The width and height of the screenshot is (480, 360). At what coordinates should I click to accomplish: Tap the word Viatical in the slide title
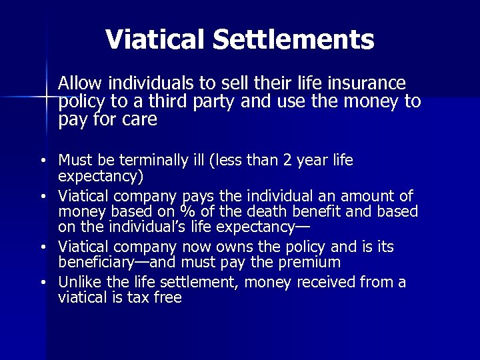click(155, 39)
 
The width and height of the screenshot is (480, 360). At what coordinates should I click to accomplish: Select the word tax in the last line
click(139, 298)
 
